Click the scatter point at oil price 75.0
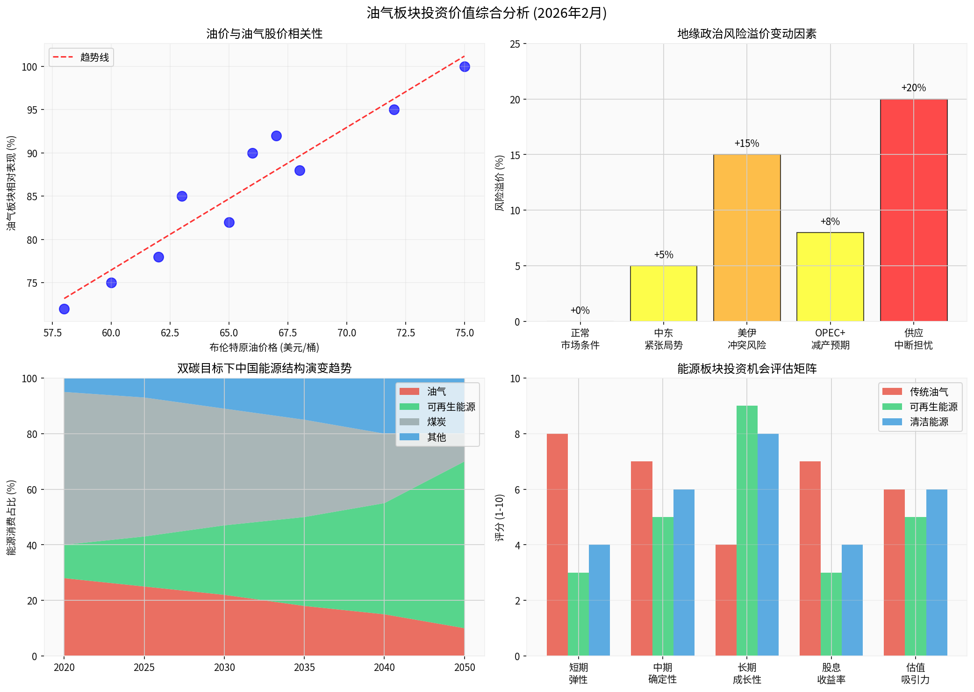click(x=464, y=67)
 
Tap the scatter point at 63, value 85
click(x=182, y=196)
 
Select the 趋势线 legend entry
click(x=81, y=58)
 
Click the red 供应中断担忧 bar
click(x=913, y=210)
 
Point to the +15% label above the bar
click(x=746, y=144)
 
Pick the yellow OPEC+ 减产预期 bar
click(x=830, y=277)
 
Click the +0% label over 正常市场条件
click(x=580, y=310)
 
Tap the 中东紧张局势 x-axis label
click(x=663, y=339)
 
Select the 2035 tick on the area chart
click(x=304, y=668)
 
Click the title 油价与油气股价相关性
click(x=265, y=34)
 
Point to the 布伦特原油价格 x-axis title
click(x=265, y=347)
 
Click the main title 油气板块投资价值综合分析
click(x=487, y=13)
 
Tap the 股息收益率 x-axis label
click(x=831, y=673)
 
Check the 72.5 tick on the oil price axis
click(x=405, y=333)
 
